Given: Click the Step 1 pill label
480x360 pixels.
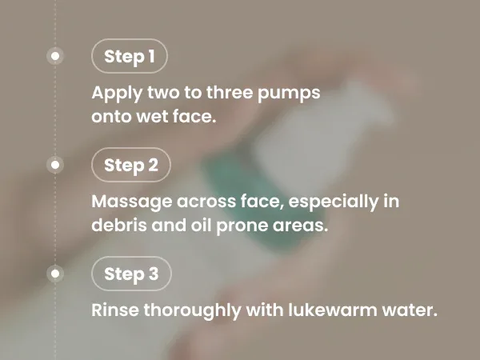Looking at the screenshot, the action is point(130,56).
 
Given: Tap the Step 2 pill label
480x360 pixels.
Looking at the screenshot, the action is point(131,165).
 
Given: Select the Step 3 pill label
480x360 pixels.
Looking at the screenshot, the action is point(131,274).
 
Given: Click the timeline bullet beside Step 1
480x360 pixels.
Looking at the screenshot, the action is point(55,56).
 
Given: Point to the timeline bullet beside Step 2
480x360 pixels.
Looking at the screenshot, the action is point(55,165).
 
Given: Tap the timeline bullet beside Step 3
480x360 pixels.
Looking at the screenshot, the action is point(55,274).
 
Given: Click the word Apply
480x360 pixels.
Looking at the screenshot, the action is point(117,94).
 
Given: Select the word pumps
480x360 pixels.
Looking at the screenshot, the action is point(289,94).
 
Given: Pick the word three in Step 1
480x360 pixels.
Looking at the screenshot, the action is point(230,93).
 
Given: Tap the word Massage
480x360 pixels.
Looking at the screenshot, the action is point(133,202).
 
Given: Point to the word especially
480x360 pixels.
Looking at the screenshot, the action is point(334,202).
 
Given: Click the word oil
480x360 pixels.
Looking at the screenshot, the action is point(201,225).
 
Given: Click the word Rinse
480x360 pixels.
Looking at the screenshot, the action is point(114,310).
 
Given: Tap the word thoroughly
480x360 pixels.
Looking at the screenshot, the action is point(193,310).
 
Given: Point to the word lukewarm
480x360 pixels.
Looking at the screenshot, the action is point(333,310).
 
